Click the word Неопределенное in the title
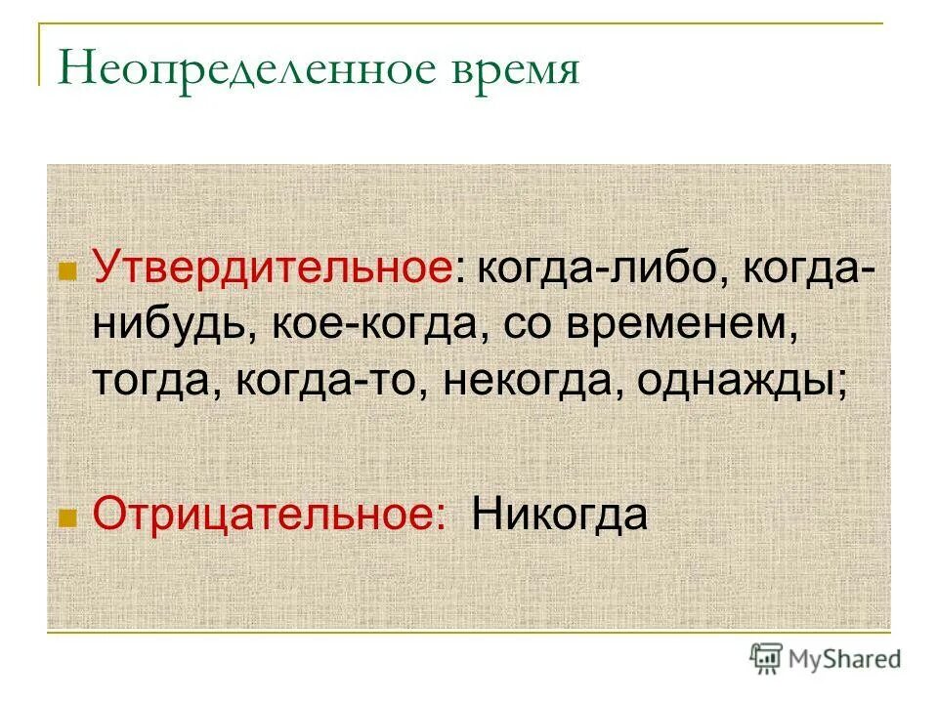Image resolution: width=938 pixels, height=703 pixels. (x=219, y=70)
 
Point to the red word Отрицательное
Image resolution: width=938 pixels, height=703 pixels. (x=265, y=515)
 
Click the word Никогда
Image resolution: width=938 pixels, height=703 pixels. (x=559, y=515)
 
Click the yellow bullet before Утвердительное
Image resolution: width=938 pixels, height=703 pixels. (x=67, y=272)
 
